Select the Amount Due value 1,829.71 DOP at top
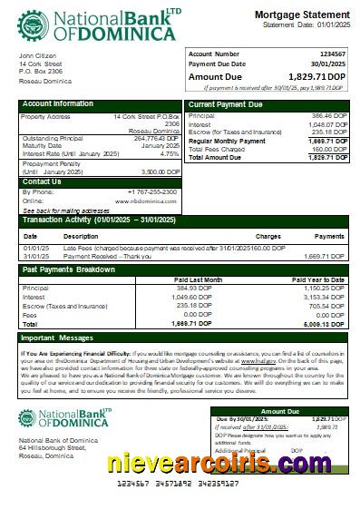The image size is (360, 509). click(316, 77)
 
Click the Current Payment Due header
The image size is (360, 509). click(226, 105)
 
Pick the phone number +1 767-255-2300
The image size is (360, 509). click(152, 191)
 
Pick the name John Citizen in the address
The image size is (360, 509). click(37, 56)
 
